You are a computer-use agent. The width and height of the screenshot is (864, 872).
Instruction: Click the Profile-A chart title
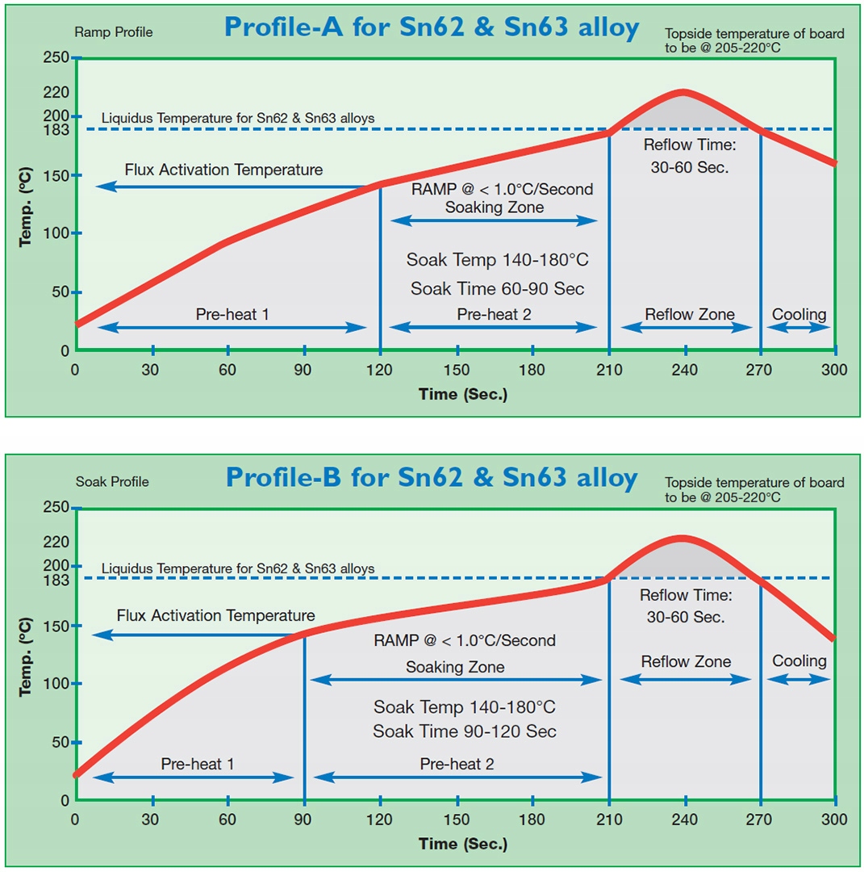point(432,27)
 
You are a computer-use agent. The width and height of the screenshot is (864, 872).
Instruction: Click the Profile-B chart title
point(432,477)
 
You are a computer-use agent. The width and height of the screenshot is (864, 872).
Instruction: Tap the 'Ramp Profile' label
point(113,33)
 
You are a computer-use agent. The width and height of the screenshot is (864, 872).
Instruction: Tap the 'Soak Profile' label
point(112,482)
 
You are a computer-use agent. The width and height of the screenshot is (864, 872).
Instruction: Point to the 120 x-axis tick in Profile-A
point(380,370)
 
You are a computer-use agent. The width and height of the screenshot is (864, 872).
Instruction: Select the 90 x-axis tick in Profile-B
point(304,820)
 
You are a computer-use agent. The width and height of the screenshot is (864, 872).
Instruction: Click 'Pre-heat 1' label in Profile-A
point(232,314)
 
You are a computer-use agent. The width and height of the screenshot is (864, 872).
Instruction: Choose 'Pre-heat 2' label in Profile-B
point(457,764)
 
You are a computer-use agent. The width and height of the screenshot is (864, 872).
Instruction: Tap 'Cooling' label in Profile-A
point(799,314)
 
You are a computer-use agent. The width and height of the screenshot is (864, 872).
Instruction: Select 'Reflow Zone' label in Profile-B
point(686,662)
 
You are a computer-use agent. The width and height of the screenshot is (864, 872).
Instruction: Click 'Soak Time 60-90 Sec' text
point(497,288)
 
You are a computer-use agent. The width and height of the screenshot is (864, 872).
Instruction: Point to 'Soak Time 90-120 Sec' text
point(465,732)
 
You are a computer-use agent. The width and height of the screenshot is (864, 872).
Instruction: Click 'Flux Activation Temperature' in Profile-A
point(223,170)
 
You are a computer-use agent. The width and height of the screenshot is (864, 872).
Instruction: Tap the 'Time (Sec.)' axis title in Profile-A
point(462,394)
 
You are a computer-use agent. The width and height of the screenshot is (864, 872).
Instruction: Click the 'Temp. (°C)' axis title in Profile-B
point(26,653)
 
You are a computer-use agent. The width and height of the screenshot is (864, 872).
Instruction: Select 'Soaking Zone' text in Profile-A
point(495,208)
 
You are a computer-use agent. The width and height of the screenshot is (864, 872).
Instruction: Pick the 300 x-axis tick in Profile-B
point(834,820)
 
